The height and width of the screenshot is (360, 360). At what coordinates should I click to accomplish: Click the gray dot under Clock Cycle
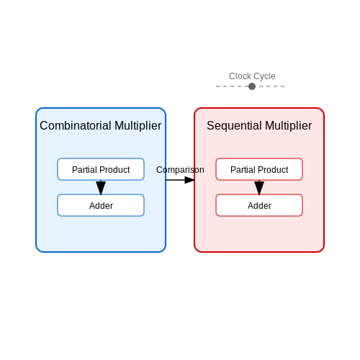point(252,86)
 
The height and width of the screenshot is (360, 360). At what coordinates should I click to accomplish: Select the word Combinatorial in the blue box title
point(76,125)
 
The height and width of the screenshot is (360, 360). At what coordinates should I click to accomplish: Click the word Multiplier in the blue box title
point(138,126)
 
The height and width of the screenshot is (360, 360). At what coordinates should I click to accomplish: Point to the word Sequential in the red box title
point(234,126)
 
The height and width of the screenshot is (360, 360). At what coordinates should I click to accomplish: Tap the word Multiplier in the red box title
point(289,126)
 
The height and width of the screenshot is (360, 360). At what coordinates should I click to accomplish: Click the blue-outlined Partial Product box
point(101,169)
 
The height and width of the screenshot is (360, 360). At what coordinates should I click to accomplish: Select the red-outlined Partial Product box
point(259,169)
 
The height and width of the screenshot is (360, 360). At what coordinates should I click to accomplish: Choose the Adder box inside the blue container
point(101,205)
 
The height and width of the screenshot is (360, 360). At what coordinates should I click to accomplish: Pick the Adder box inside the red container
point(259,205)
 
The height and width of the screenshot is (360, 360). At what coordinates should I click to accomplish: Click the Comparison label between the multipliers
point(180,170)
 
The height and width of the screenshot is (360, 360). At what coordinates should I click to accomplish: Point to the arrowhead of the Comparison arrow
point(189,180)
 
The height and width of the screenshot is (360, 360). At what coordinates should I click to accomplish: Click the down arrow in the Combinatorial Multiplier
point(101,187)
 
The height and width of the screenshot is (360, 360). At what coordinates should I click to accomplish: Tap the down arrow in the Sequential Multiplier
point(259,187)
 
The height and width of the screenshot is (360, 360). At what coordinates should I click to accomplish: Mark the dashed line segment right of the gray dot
point(270,86)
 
